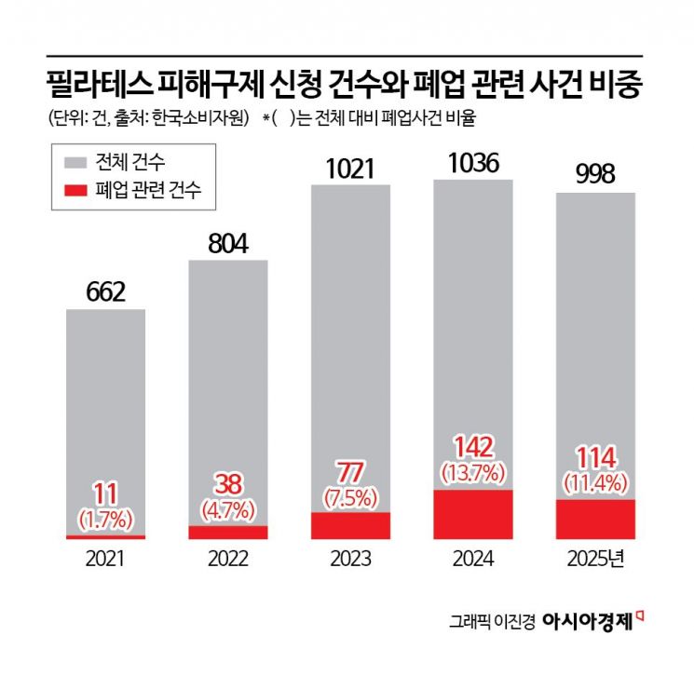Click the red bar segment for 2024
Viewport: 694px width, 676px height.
click(x=473, y=514)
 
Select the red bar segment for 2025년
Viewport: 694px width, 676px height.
click(x=595, y=519)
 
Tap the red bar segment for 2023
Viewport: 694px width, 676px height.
click(x=350, y=525)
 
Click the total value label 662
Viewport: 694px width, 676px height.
click(x=105, y=292)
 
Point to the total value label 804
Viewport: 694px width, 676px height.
click(x=228, y=244)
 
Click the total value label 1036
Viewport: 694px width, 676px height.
click(x=473, y=163)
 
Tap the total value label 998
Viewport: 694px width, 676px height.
click(x=595, y=177)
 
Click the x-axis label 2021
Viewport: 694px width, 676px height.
click(x=105, y=560)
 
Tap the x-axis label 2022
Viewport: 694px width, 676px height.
click(x=228, y=560)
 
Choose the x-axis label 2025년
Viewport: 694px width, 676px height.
click(x=597, y=560)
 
